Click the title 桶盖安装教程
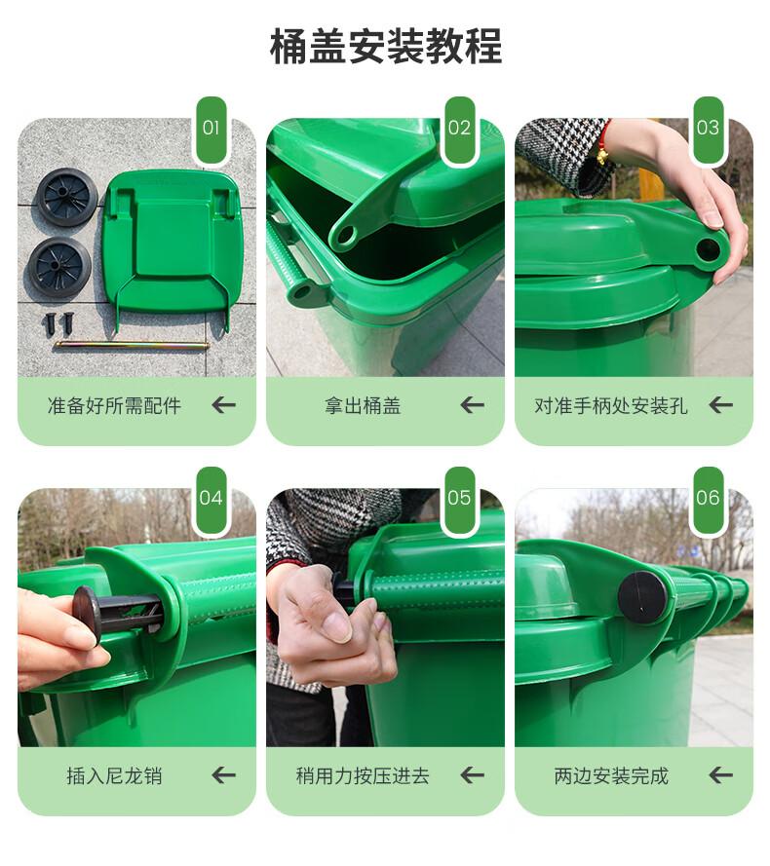pos(385,47)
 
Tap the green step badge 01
pos(211,130)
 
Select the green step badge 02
pos(459,130)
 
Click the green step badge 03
pos(708,130)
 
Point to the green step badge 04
pos(211,500)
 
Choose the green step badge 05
pos(459,500)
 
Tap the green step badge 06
pos(708,500)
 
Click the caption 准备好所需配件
pos(114,406)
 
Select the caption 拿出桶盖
pos(363,406)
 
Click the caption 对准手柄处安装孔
pos(611,406)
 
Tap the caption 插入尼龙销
pos(114,776)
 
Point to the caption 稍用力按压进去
pos(363,776)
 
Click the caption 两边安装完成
pos(611,776)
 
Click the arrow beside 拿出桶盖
pos(472,405)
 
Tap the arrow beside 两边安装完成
pos(721,775)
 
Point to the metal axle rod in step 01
pos(133,346)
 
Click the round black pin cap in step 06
pos(642,598)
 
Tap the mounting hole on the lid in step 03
pos(708,250)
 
